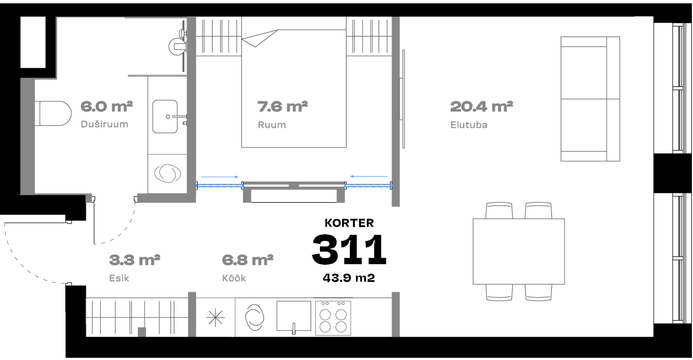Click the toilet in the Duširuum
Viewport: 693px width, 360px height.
[53, 114]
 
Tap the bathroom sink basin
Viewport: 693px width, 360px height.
[165, 116]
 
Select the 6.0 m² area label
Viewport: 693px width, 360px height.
[106, 106]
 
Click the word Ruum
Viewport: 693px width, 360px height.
[272, 125]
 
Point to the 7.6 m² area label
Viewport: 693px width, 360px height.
[282, 106]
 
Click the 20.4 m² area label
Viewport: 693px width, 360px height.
[482, 106]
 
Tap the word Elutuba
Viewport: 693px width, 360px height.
[469, 125]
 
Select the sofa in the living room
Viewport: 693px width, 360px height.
[590, 99]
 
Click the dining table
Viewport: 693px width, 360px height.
[519, 251]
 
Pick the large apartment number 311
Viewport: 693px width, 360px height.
[349, 249]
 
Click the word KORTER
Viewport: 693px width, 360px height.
[349, 223]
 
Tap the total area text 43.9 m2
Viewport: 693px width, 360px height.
[349, 277]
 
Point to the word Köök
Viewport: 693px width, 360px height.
[234, 278]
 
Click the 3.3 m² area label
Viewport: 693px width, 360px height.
[135, 260]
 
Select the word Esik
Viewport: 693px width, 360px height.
[119, 278]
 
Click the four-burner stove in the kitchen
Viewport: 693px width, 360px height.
[333, 318]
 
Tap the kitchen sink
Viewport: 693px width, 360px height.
[293, 316]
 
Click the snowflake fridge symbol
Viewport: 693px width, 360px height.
[215, 317]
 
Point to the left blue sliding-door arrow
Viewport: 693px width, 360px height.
[220, 177]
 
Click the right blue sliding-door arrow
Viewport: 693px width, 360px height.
[369, 177]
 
